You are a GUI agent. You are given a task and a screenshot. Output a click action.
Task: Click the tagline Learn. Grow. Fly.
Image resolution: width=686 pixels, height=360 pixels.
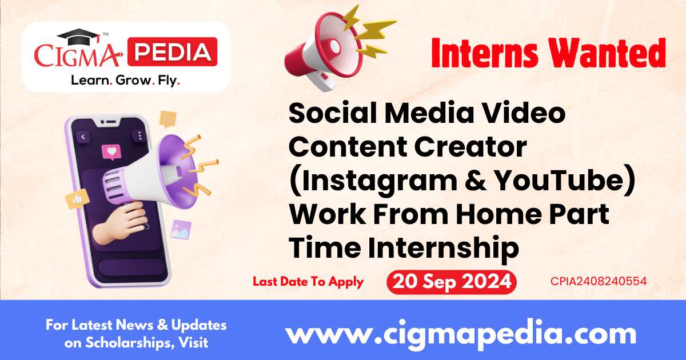click(x=125, y=81)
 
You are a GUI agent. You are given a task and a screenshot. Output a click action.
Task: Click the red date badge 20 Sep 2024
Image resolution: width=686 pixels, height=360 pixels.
click(x=451, y=282)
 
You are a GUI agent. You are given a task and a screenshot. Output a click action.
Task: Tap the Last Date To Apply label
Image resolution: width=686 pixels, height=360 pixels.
click(x=308, y=282)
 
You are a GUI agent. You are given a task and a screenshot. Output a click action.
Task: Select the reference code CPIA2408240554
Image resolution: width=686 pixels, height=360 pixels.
click(x=599, y=281)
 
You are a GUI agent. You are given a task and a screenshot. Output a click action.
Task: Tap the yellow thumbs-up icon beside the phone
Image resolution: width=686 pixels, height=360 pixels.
click(x=74, y=199)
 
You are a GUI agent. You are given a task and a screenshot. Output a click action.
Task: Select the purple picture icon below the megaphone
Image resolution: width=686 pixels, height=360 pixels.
click(x=181, y=229)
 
